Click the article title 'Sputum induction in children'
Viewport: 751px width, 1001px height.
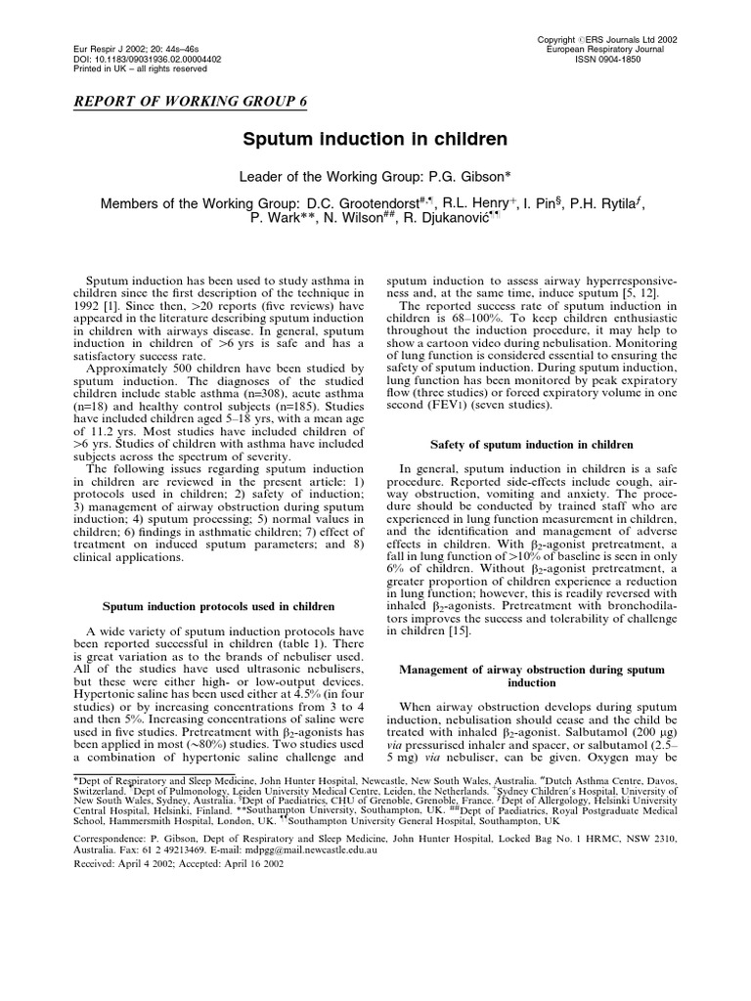coord(375,141)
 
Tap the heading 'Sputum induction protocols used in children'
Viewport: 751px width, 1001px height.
coord(213,607)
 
